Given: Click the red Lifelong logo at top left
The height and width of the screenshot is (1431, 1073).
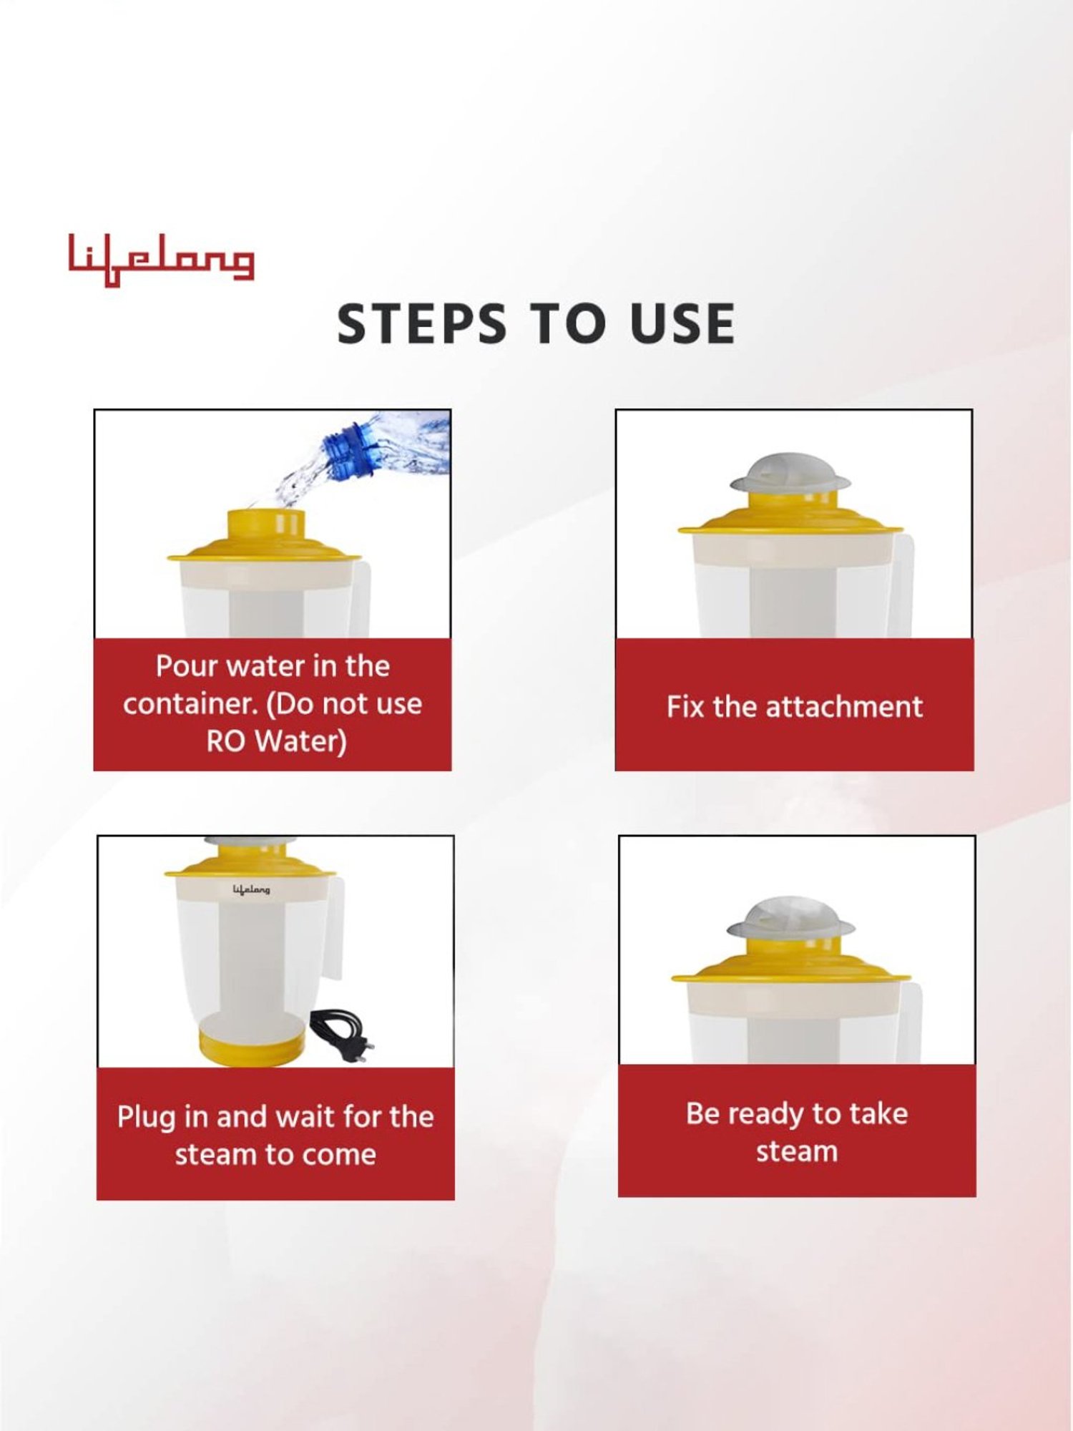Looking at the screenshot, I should click(x=161, y=260).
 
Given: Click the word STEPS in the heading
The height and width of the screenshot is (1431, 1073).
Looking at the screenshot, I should click(x=421, y=323).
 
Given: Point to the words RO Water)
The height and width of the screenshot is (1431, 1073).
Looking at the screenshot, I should click(x=276, y=741).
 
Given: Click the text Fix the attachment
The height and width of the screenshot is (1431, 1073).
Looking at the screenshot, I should click(x=794, y=707).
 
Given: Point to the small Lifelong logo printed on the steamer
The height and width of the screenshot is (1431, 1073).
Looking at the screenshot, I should click(x=251, y=889).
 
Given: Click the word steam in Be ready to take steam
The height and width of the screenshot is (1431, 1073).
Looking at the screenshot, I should click(x=796, y=1152).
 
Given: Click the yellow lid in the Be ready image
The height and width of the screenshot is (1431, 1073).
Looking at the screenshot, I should click(x=790, y=967).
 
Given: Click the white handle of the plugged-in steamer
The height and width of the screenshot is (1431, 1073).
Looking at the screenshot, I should click(x=335, y=930).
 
